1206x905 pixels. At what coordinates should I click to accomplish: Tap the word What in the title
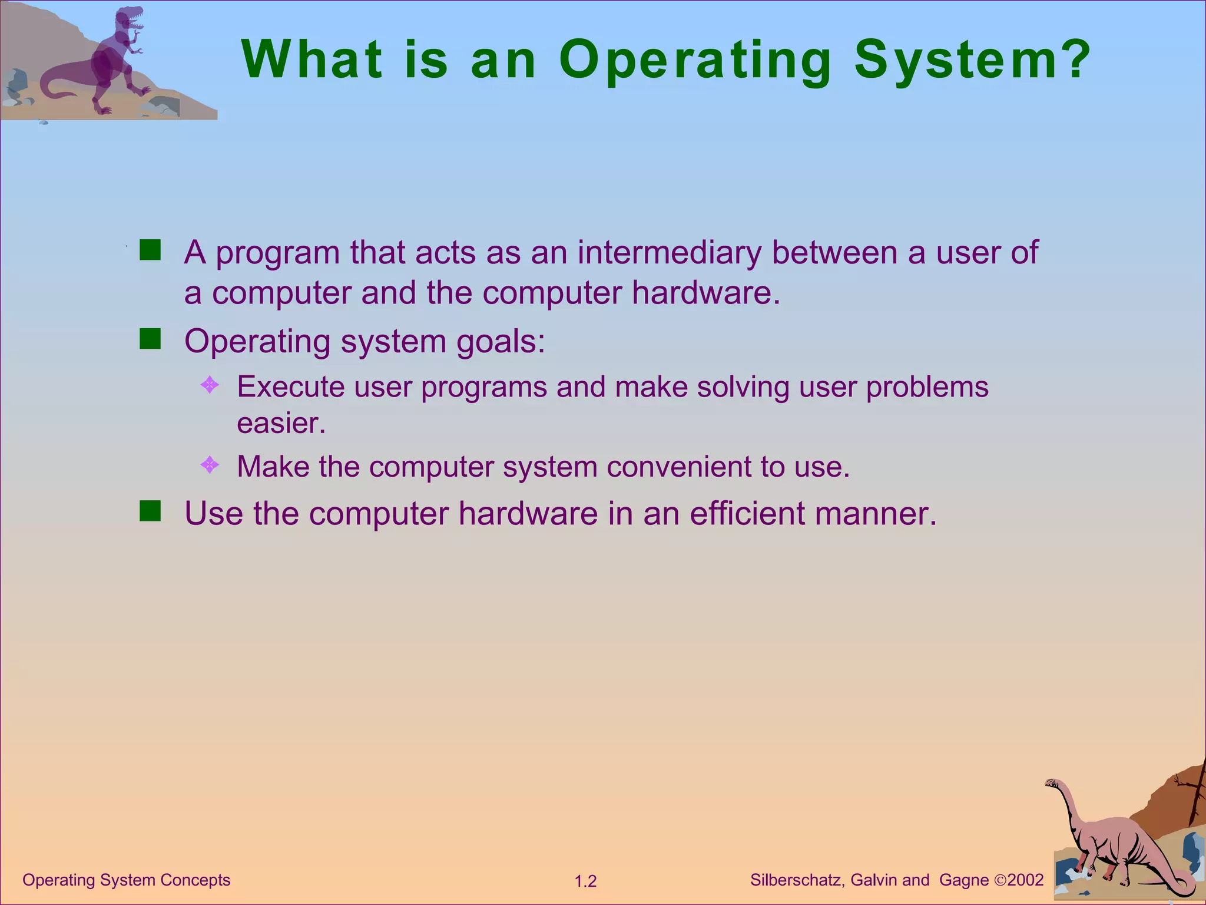[312, 59]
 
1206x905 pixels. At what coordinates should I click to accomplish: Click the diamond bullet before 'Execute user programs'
[210, 385]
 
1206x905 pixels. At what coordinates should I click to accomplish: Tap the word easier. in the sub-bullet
[281, 423]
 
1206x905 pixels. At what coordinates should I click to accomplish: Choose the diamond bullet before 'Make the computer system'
[210, 465]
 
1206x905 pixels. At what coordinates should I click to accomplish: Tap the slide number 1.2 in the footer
[585, 881]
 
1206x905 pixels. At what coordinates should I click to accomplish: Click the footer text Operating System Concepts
[126, 880]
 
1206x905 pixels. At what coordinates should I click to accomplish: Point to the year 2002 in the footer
[1025, 880]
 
